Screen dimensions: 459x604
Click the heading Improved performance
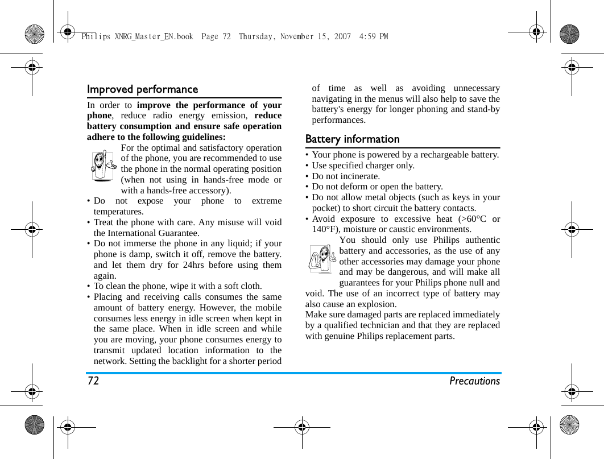[x=142, y=90]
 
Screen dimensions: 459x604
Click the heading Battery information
[x=352, y=139]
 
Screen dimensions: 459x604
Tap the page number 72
[x=93, y=381]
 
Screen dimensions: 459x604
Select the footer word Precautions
[x=474, y=381]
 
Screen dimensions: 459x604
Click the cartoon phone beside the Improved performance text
[x=103, y=166]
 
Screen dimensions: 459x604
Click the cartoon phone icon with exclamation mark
[x=321, y=259]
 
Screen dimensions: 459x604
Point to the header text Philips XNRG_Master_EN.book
[x=137, y=37]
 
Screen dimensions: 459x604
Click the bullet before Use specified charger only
[x=307, y=166]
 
